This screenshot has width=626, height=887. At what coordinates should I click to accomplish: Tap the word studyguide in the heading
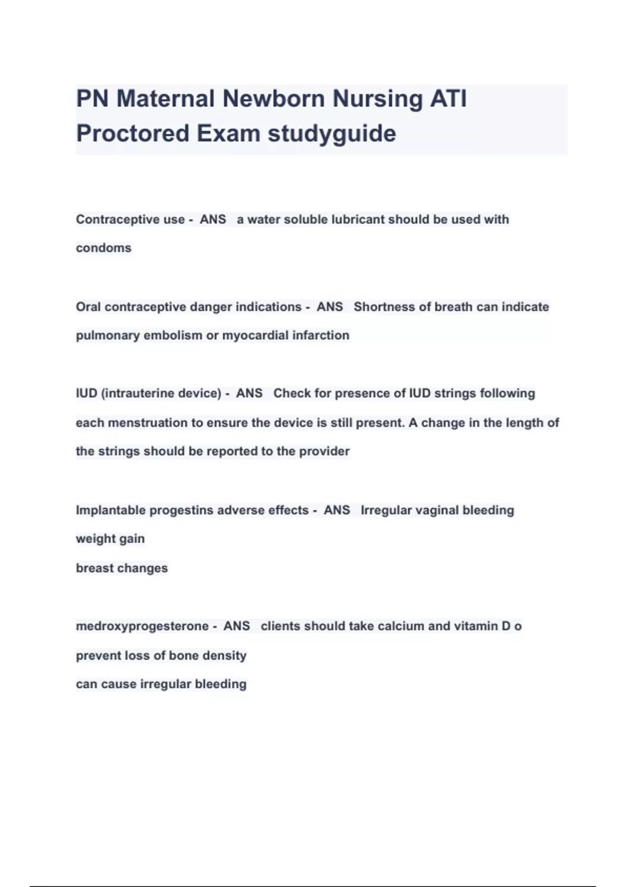coord(332,134)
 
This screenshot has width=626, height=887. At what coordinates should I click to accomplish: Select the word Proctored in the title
coord(133,134)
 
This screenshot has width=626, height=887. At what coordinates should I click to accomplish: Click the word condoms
coord(103,248)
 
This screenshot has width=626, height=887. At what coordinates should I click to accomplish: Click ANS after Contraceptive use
coord(213,219)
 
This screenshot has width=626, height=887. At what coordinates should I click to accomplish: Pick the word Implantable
coord(111,510)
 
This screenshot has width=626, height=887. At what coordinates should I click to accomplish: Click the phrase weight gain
coord(110,538)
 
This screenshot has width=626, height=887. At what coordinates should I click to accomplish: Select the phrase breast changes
coord(122,568)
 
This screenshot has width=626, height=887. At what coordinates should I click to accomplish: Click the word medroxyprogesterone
coord(142,626)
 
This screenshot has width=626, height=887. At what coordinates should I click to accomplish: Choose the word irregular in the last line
coord(165,684)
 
